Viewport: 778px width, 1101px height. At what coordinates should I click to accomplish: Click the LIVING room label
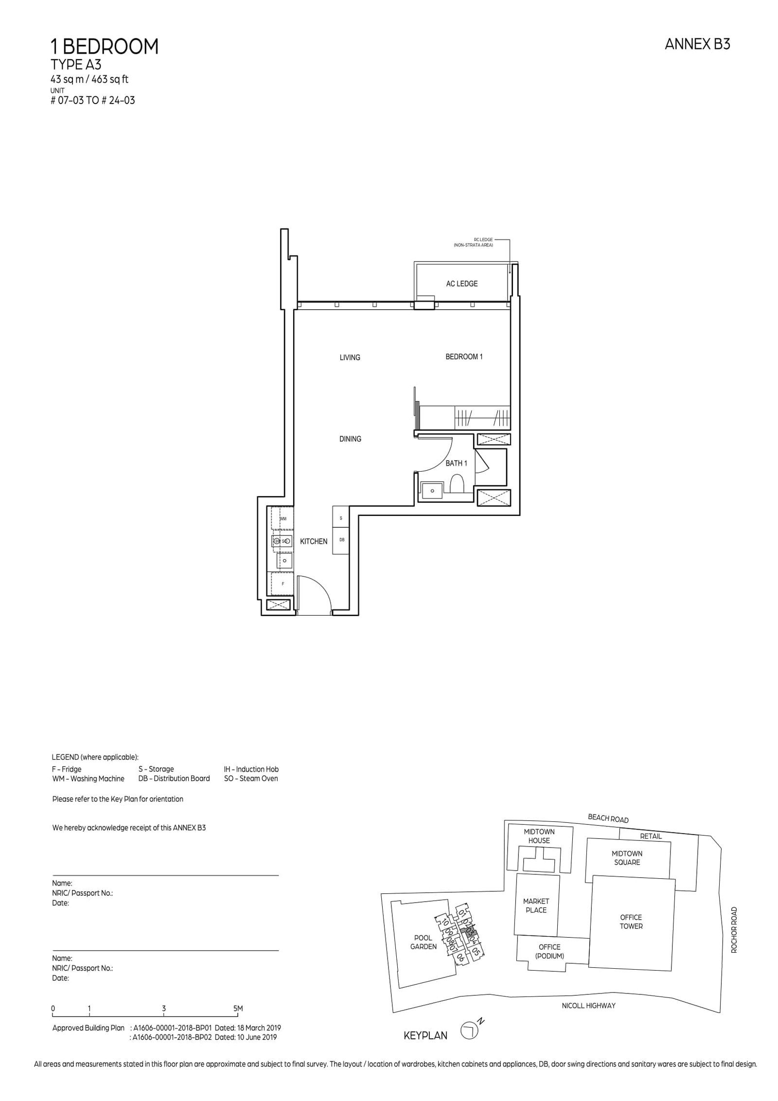(350, 357)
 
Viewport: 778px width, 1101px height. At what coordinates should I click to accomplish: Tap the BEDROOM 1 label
(464, 356)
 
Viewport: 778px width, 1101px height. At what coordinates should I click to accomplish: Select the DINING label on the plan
(350, 439)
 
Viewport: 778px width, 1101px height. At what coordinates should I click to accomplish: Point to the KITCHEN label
(314, 541)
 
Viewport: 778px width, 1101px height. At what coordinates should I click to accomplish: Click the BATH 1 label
(456, 463)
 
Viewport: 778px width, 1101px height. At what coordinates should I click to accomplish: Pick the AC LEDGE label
(461, 284)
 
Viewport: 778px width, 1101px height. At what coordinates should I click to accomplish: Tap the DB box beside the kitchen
(341, 540)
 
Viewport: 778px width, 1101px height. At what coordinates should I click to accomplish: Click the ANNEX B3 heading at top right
(697, 44)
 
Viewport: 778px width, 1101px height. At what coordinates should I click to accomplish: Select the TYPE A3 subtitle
(76, 65)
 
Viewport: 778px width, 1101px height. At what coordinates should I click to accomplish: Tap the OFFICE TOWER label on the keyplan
(631, 922)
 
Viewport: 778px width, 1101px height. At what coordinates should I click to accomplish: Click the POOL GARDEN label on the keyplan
(423, 942)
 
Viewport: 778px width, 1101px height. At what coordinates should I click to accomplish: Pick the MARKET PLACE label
(536, 906)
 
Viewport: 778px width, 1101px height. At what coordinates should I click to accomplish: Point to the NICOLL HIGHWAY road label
(588, 1005)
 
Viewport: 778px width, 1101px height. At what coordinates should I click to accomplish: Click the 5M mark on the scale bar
(238, 1009)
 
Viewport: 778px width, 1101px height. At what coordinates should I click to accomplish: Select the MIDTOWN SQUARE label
(627, 858)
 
